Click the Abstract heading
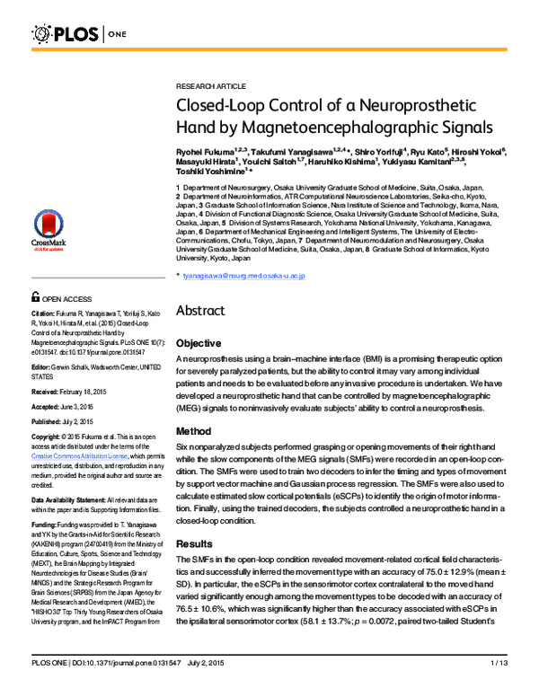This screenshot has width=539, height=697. click(x=206, y=311)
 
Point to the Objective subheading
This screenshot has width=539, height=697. click(x=199, y=343)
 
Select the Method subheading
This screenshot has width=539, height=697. click(x=193, y=431)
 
